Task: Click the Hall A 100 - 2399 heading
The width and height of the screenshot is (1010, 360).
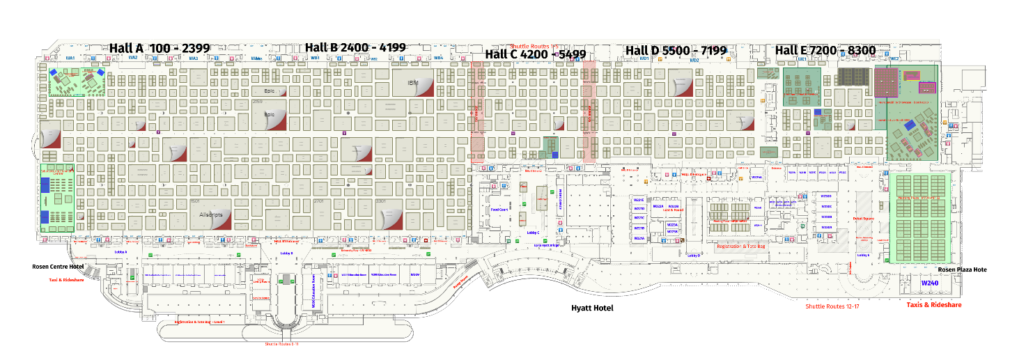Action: pos(160,47)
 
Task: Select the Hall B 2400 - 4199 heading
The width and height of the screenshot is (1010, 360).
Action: pos(355,47)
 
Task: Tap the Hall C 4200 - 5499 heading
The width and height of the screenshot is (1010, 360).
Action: pos(535,54)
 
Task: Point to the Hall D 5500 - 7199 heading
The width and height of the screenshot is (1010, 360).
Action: pos(676,50)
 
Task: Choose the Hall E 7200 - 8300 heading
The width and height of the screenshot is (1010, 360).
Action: pos(825,50)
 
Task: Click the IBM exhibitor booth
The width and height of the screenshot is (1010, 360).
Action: pos(412,83)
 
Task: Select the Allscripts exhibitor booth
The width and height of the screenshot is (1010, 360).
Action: pos(210,214)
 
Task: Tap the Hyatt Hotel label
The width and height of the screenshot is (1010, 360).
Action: pos(592,308)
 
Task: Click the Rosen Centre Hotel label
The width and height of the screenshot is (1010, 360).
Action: pos(58,267)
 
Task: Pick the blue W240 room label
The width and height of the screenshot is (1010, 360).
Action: pos(931,284)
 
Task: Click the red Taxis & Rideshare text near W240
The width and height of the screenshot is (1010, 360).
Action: pos(933,305)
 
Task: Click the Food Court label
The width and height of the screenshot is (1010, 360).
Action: pos(499,209)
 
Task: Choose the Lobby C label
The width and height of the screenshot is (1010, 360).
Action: pos(533,233)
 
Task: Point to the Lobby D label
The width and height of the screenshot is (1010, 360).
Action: pos(694,256)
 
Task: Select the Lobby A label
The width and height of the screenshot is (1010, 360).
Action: pos(120,251)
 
